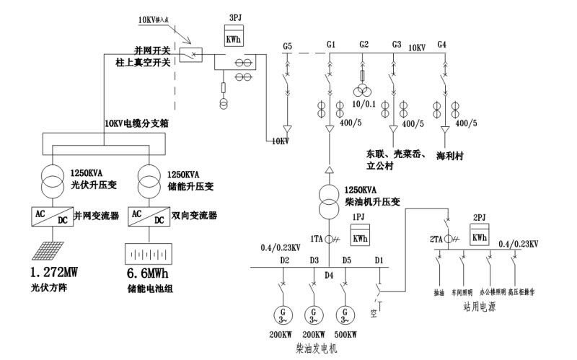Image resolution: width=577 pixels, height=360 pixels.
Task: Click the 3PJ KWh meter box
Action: pyautogui.click(x=234, y=38)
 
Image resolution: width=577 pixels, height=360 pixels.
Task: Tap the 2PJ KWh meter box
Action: pyautogui.click(x=478, y=235)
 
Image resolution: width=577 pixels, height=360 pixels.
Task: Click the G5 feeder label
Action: pyautogui.click(x=287, y=46)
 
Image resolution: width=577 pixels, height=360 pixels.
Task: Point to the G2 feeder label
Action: pyautogui.click(x=364, y=45)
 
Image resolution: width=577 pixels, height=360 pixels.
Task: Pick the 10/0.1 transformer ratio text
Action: pyautogui.click(x=363, y=106)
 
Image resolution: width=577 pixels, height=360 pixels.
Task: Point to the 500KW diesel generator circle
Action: pyautogui.click(x=348, y=316)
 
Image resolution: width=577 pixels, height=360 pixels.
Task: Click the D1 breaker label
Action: pyautogui.click(x=379, y=260)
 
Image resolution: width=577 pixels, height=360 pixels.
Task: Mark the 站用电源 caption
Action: pyautogui.click(x=482, y=306)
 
